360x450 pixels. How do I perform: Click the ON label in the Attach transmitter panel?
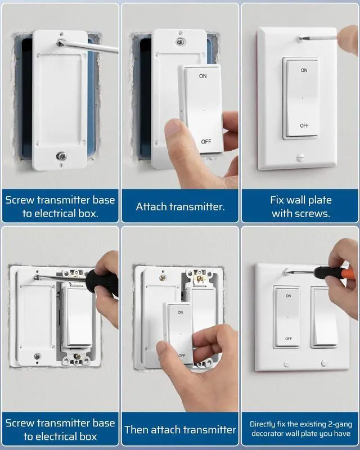(202, 76)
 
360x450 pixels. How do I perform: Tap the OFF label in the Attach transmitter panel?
(206, 142)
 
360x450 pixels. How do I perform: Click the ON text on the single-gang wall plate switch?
(304, 70)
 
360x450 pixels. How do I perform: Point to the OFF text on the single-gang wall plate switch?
(304, 125)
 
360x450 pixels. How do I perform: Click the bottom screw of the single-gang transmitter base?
(61, 156)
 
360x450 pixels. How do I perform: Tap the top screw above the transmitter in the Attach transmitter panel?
(181, 42)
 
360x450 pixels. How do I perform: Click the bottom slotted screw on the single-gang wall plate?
(300, 157)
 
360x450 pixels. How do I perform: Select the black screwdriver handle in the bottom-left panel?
(102, 283)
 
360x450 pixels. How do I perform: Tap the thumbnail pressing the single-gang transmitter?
(173, 127)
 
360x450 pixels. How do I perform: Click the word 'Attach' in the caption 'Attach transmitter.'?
(151, 206)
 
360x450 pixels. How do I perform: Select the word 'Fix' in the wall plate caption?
(277, 200)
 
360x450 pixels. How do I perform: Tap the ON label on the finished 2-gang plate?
(288, 296)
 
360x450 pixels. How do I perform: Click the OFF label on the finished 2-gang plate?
(289, 339)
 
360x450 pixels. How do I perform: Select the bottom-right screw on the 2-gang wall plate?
(324, 363)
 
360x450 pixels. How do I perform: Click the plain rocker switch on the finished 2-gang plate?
(325, 317)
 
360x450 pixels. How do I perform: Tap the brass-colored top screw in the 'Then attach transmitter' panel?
(163, 278)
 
